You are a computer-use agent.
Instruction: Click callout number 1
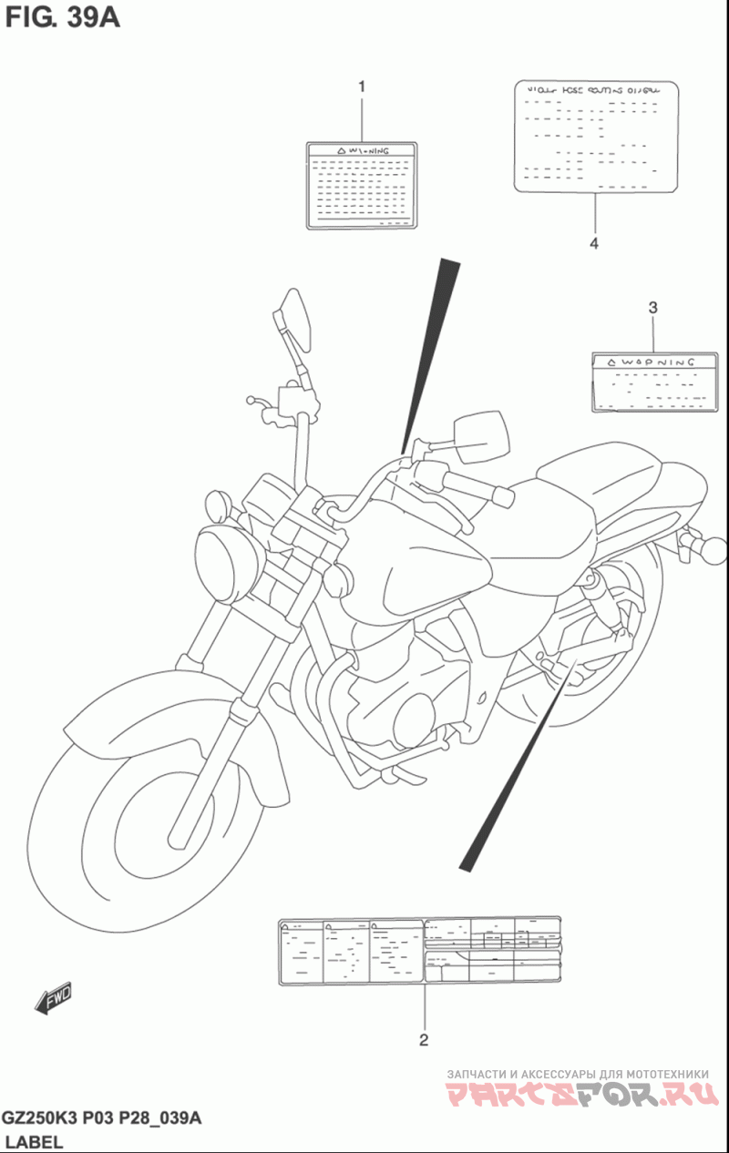[x=362, y=87]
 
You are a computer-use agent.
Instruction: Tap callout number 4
[x=593, y=243]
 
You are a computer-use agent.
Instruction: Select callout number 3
[x=652, y=308]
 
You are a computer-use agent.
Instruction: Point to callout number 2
[x=424, y=1039]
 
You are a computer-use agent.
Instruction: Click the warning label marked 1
[x=362, y=184]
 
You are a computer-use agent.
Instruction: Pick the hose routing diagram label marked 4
[x=598, y=137]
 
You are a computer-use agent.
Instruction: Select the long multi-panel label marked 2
[x=419, y=951]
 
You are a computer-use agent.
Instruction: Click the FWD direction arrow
[x=54, y=998]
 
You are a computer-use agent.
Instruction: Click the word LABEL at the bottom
[x=34, y=1142]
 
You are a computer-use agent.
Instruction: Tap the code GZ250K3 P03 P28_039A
[x=101, y=1118]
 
